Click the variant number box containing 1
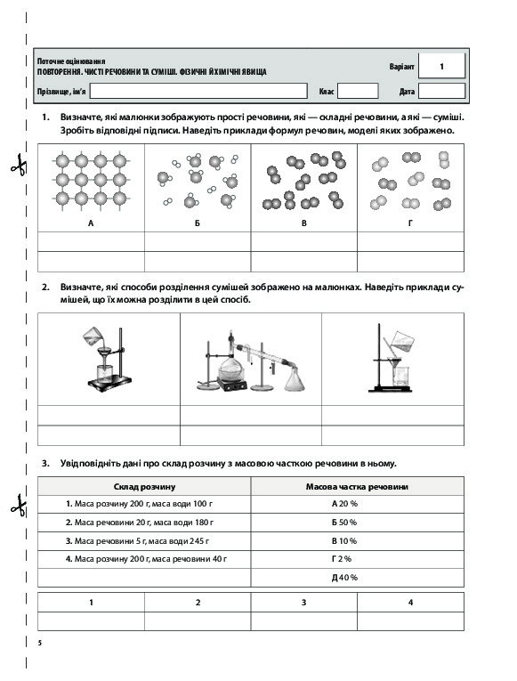coord(441,66)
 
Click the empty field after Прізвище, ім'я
coord(198,91)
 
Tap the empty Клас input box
coord(358,91)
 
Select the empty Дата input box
coord(441,91)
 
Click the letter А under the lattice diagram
coord(91,223)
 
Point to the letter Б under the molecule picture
coord(198,223)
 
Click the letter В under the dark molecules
coord(303,223)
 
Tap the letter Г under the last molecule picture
coord(410,223)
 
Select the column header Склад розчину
coord(144,487)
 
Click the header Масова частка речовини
coord(357,487)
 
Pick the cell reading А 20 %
coord(344,504)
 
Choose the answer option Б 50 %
coord(344,523)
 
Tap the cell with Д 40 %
coord(344,578)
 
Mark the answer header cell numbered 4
coord(410,603)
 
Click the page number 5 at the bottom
coord(40,643)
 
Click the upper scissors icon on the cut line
coord(19,165)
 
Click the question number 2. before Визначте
coord(45,287)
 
